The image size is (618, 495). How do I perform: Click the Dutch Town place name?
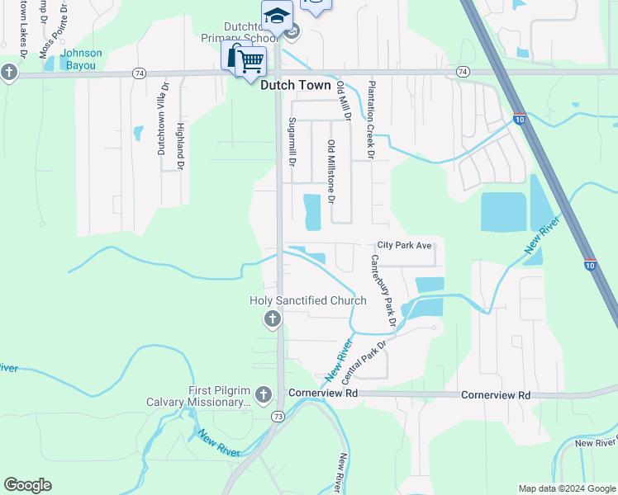[295, 85]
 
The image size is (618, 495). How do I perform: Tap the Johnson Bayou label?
[80, 59]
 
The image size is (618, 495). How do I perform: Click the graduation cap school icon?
[277, 16]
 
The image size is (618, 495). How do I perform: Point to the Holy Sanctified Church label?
[308, 301]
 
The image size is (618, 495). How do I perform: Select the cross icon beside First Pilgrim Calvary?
[264, 394]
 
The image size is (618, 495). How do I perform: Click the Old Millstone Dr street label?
[331, 172]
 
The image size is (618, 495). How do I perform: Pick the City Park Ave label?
[405, 246]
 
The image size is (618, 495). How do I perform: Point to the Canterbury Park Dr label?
[380, 287]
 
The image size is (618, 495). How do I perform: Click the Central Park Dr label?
[364, 363]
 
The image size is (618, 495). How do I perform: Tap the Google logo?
[27, 485]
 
